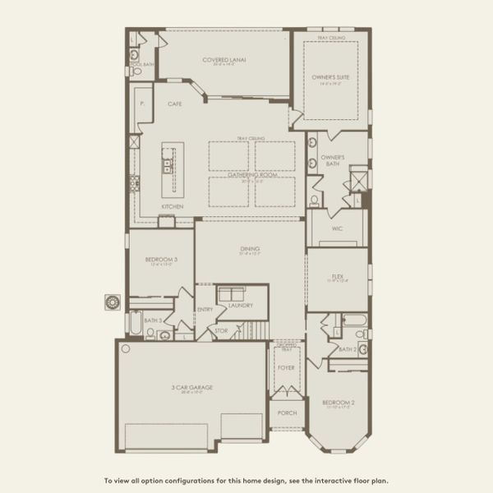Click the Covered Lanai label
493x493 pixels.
224,59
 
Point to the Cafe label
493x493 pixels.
174,104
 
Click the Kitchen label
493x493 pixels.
172,206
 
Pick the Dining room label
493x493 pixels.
250,248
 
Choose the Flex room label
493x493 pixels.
337,277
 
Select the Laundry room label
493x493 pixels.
240,305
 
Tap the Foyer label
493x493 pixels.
286,367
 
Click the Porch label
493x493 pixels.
287,413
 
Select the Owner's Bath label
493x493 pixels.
332,160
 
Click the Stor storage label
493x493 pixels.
221,331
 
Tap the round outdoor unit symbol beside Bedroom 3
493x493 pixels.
111,302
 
